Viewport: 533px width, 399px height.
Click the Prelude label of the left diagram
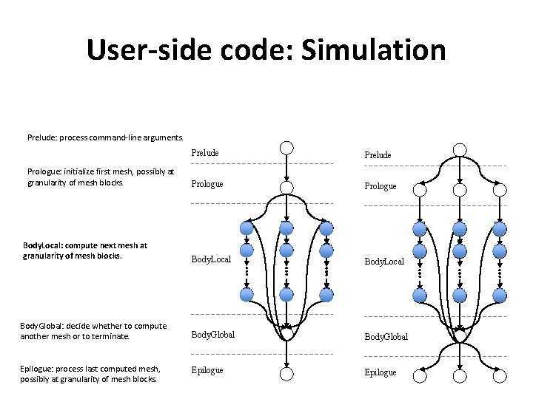tap(205, 153)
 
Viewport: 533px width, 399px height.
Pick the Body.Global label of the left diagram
tap(212, 335)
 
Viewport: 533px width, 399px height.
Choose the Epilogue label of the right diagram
tap(380, 372)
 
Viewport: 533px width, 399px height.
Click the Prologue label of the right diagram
tap(381, 186)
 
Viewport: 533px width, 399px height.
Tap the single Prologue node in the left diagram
tap(286, 186)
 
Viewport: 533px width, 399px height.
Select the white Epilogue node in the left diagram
tap(286, 373)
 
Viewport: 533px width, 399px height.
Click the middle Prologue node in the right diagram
tap(460, 189)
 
